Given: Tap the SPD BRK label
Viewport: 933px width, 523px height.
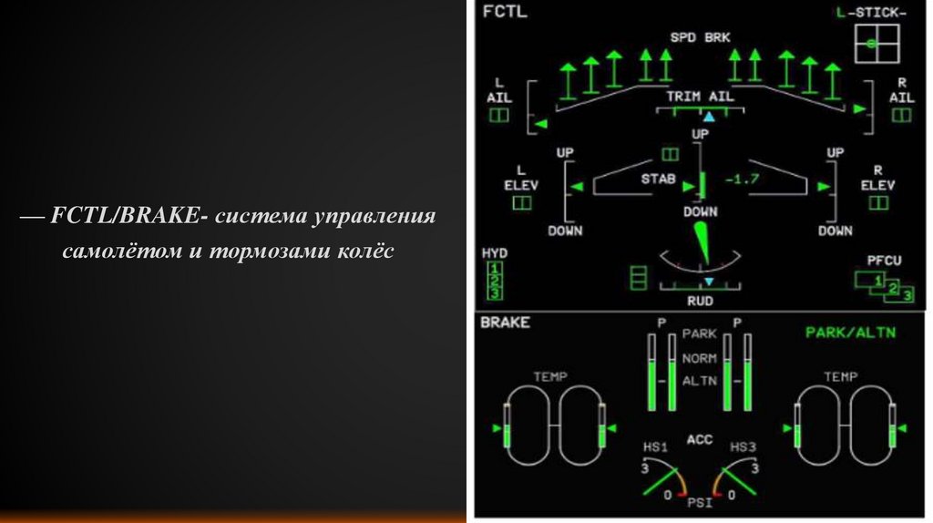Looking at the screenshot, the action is click(700, 37).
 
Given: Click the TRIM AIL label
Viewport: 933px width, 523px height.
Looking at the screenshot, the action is click(700, 96).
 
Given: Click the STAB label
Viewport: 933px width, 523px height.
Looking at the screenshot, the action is click(657, 179).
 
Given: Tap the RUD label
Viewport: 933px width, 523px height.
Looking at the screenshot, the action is click(700, 301).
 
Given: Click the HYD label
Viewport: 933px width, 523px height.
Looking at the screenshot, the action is click(494, 252).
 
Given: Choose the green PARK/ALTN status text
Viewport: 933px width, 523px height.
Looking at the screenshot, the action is click(850, 333).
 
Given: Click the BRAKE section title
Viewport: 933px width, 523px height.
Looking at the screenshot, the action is click(505, 322).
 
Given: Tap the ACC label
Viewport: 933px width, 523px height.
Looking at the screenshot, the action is click(699, 441).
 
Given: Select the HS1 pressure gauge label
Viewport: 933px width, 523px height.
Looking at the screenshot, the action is click(655, 447).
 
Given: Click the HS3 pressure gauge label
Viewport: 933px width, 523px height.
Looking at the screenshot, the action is click(743, 447).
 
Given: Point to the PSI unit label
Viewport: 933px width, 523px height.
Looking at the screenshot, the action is click(699, 501).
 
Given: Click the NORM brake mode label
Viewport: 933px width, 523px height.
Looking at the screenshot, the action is click(699, 358).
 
